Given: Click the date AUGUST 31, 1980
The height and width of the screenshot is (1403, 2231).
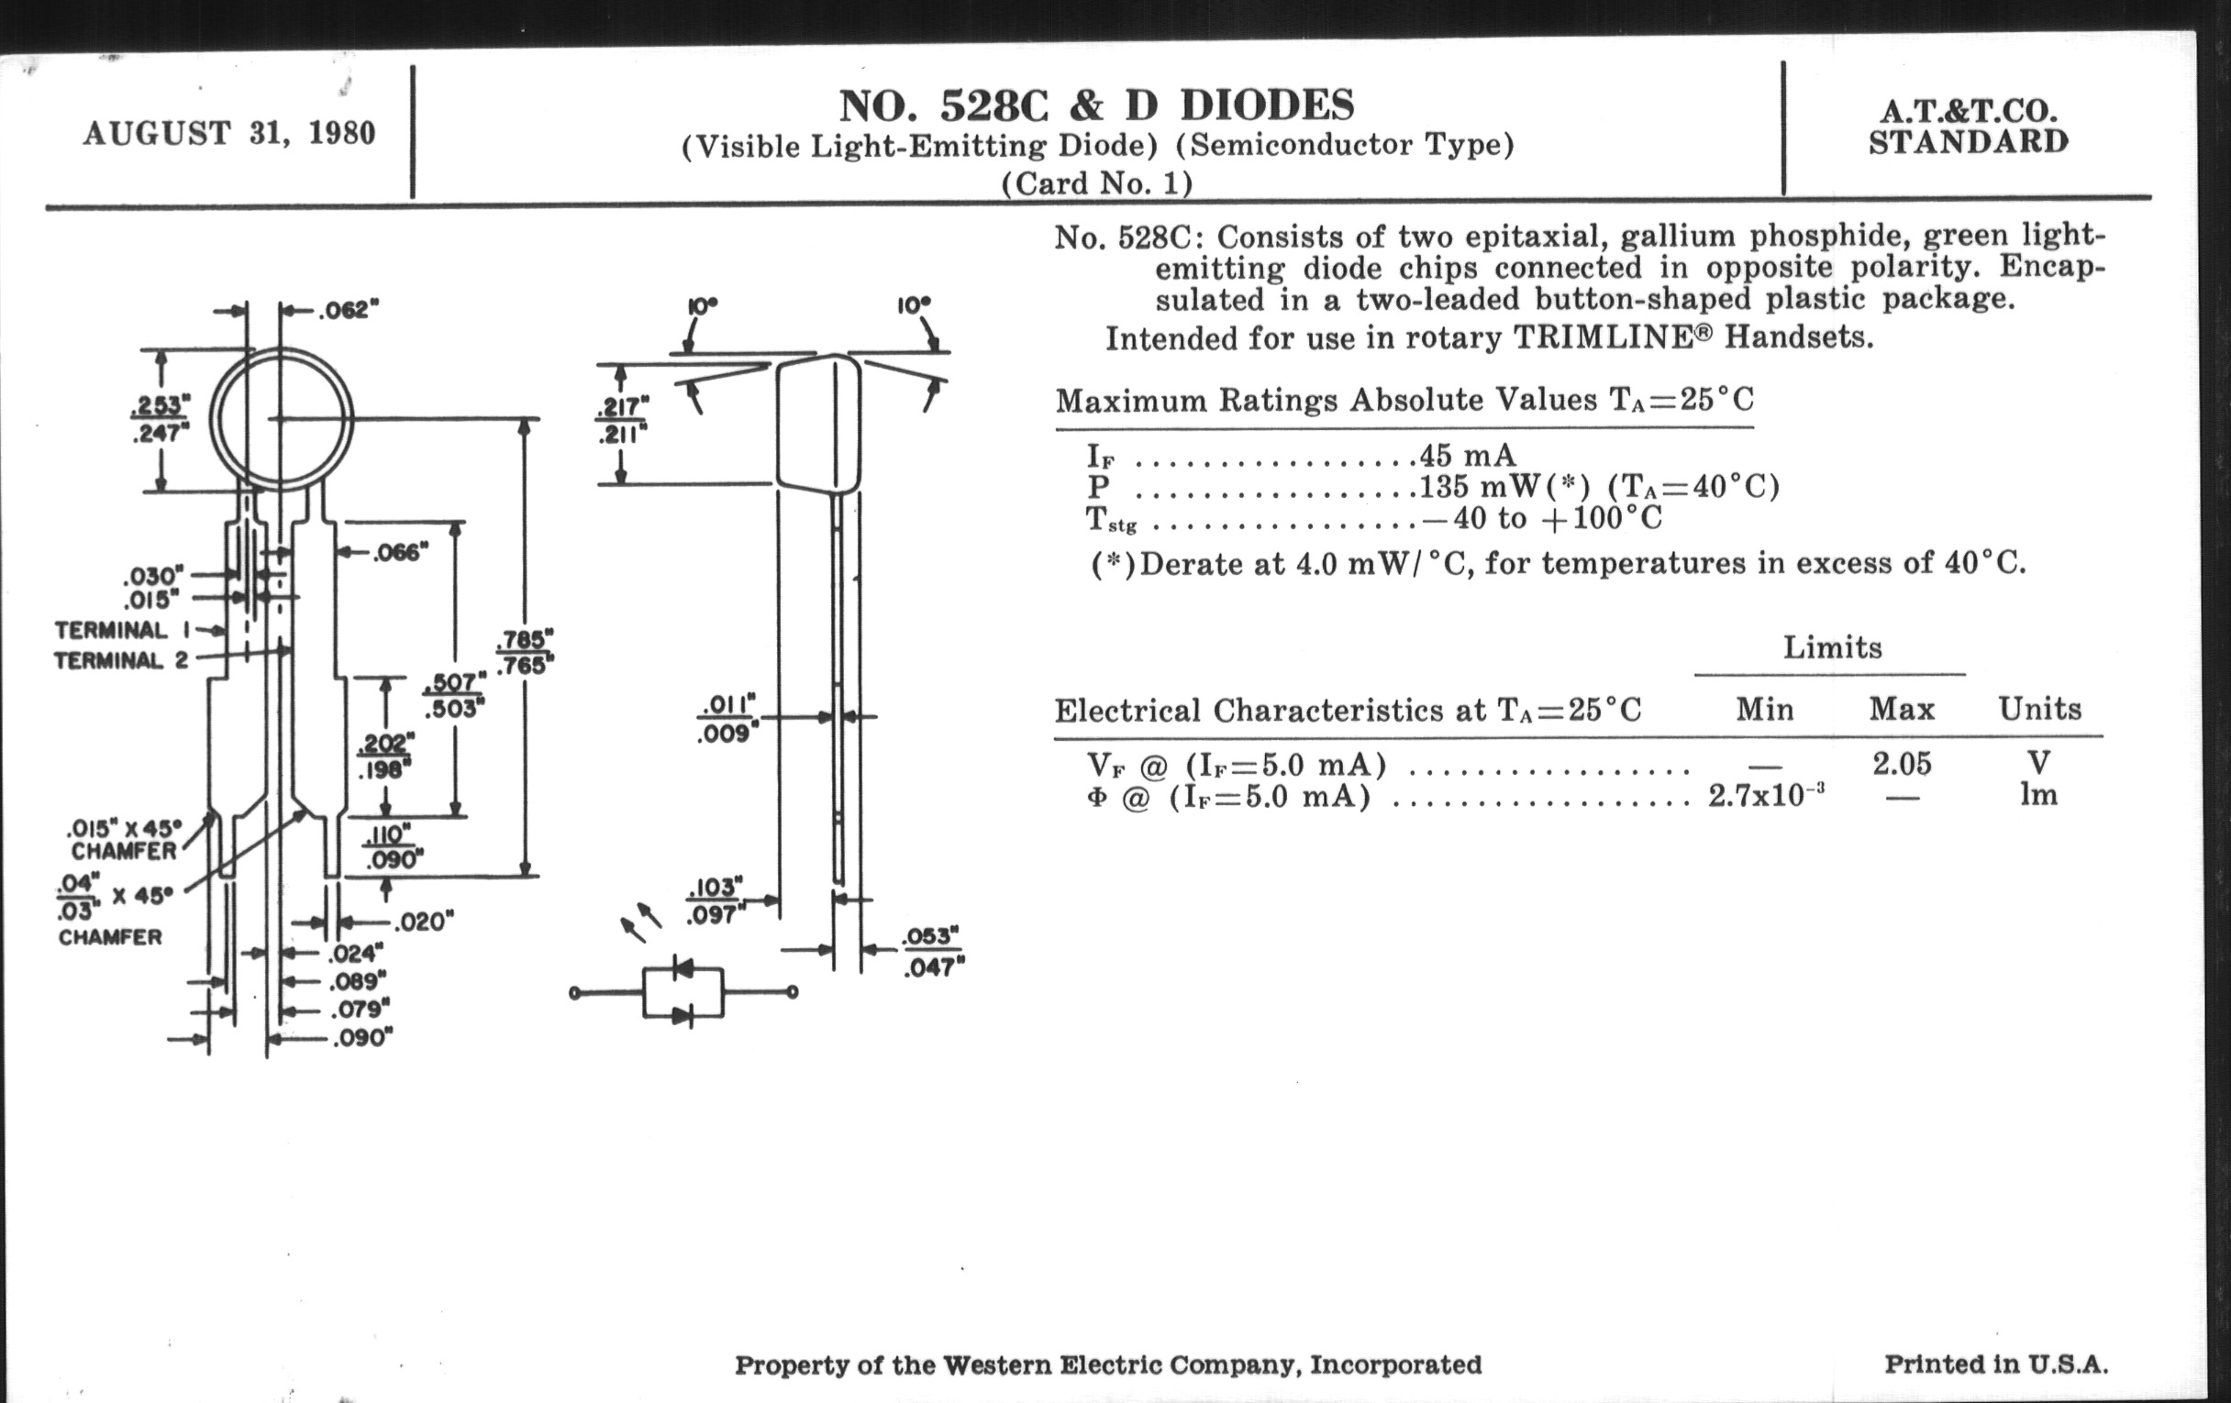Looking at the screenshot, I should (x=228, y=133).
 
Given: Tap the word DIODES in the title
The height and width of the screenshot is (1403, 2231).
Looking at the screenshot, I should (x=1267, y=105).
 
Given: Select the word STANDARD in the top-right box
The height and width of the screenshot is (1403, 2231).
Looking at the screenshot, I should (x=1968, y=143).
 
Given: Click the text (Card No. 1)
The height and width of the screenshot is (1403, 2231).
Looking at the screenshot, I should (x=1097, y=183).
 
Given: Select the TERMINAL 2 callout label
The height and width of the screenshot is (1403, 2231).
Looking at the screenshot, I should (x=120, y=660).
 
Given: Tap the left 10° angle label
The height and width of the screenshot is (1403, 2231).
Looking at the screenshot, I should (x=703, y=304).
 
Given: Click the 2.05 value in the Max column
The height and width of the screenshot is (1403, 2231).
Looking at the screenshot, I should (x=1901, y=764).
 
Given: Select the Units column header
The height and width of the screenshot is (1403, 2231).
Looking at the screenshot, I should (x=2039, y=710).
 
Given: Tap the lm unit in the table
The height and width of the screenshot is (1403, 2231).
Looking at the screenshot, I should (x=2038, y=794).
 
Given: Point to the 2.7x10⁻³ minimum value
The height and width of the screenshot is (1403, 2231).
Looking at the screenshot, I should (x=1766, y=796).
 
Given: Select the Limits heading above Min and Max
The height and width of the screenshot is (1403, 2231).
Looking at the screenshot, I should (x=1832, y=647).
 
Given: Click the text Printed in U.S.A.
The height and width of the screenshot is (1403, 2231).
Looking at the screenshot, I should (x=1995, y=1364).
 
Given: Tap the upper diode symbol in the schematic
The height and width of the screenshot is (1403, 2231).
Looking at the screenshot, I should (x=683, y=968).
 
